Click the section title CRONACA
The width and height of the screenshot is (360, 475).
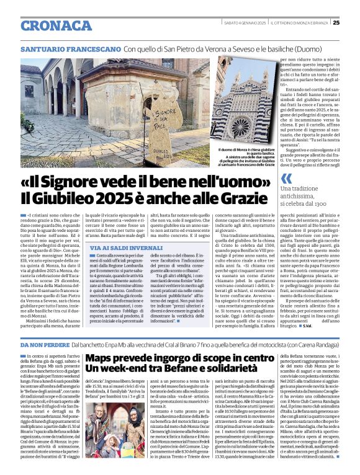click(56, 25)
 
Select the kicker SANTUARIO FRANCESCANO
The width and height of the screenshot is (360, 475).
click(70, 48)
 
